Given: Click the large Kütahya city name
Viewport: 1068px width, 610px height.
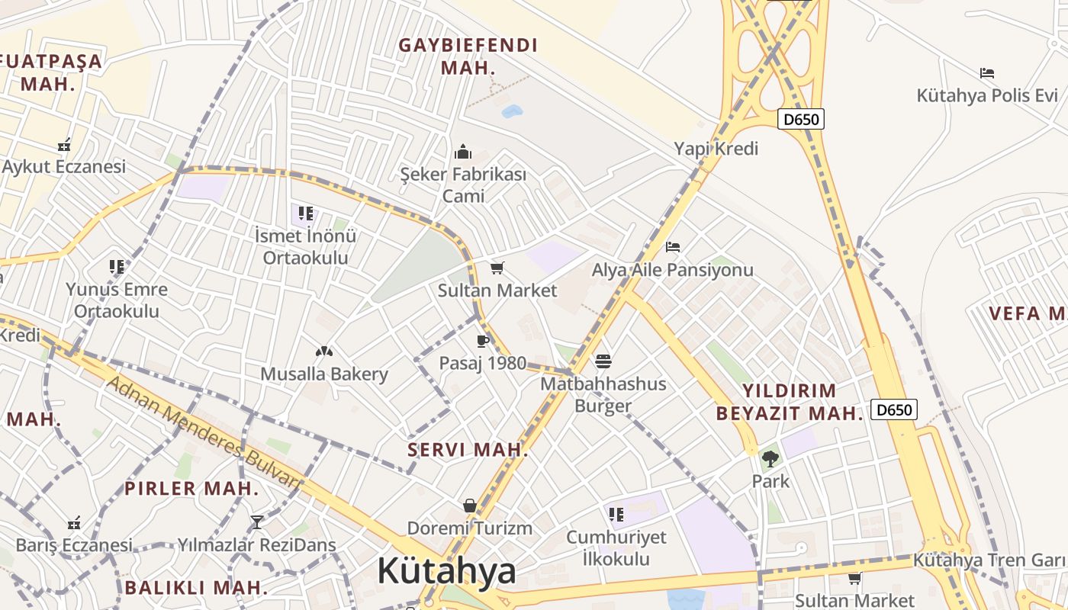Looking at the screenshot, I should (446, 571).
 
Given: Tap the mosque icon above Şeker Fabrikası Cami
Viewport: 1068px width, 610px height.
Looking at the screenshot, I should (463, 152).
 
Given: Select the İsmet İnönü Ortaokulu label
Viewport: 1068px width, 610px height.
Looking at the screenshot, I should (306, 246).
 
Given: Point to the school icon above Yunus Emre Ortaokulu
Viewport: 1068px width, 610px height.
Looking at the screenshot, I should (117, 267).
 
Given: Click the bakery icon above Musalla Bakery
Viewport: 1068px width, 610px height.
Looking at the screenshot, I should (324, 352).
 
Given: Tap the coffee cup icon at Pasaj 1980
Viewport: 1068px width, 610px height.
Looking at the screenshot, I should (482, 341).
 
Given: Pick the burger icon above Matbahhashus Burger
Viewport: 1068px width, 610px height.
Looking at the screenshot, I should (603, 361).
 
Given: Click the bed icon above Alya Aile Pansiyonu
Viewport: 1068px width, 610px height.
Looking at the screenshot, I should (673, 246).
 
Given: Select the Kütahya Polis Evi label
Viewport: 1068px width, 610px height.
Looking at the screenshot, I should (987, 96).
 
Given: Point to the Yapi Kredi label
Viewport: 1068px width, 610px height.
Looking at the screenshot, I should (716, 149).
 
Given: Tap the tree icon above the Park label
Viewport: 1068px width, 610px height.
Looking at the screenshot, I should (770, 459).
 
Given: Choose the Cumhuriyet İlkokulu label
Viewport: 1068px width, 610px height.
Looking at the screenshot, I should (616, 547).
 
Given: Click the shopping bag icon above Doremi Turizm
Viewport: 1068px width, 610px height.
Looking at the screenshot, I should (470, 506).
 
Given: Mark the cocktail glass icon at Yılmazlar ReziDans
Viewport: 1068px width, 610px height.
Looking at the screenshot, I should (257, 522).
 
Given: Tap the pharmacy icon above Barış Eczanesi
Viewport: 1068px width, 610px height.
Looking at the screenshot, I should (74, 523).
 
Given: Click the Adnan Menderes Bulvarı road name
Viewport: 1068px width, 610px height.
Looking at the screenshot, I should (202, 431).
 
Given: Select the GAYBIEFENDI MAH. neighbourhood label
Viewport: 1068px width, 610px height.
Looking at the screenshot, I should (468, 56).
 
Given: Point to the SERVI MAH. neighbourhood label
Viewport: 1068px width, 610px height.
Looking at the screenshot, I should (468, 450).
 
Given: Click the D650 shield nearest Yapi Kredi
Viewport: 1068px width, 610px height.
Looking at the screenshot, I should (801, 119).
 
